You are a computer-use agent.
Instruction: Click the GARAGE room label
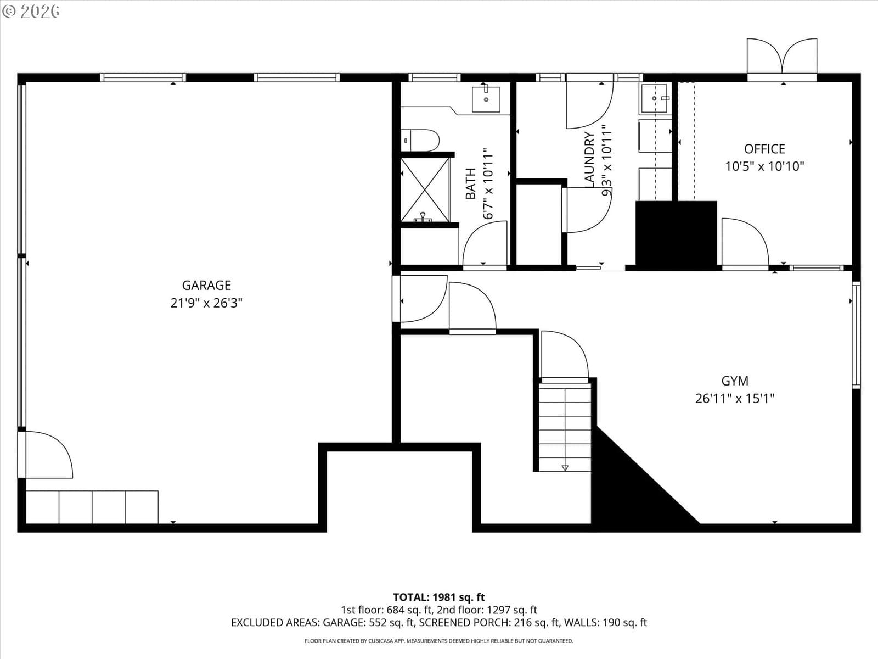[206, 285]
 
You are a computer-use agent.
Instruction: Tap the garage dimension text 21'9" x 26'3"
[206, 303]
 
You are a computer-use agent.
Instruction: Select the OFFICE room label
[764, 149]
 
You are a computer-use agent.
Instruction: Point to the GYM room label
[735, 381]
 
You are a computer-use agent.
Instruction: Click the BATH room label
[471, 183]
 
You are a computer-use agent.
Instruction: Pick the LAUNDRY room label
[589, 159]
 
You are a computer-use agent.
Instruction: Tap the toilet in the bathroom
[420, 141]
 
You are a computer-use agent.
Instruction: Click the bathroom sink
[486, 98]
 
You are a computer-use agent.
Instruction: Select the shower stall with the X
[425, 189]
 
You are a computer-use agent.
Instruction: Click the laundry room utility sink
[655, 98]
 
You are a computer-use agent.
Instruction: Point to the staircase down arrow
[565, 467]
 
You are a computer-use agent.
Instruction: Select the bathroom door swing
[485, 243]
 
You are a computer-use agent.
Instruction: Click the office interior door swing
[745, 242]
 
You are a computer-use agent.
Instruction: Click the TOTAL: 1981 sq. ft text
[439, 597]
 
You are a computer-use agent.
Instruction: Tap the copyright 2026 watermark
[31, 12]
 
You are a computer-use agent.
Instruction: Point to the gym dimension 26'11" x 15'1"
[735, 399]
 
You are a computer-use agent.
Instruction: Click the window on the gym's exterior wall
[856, 335]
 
